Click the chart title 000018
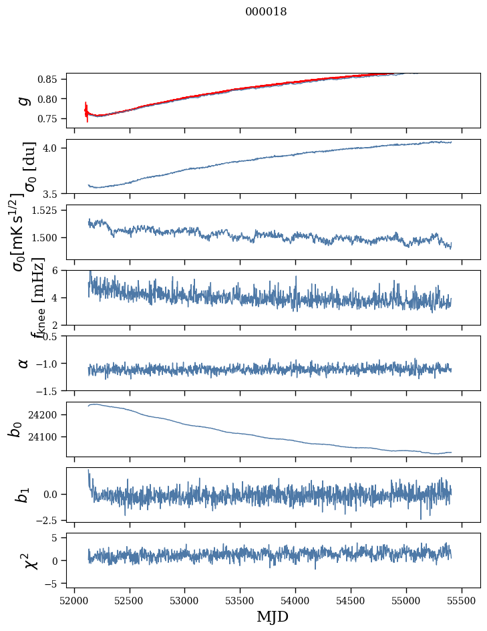click(x=266, y=11)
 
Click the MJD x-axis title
click(x=273, y=616)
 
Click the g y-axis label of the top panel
click(x=24, y=100)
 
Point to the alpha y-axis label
click(x=24, y=363)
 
